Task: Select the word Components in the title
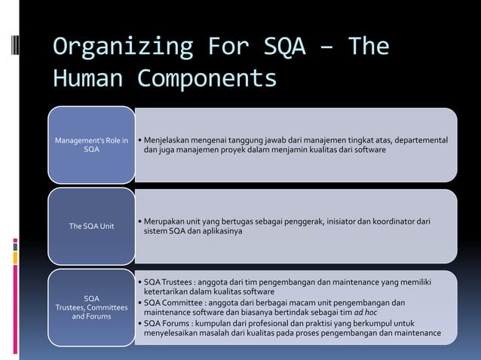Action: (x=207, y=78)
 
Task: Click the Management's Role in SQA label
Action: (x=91, y=145)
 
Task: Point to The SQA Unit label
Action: (x=91, y=226)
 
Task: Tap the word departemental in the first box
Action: (x=415, y=140)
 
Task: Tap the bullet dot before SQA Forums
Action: (x=139, y=323)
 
